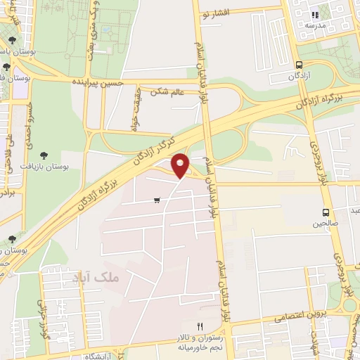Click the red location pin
[x=181, y=166]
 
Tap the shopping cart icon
[x=156, y=200]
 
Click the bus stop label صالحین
[x=324, y=225]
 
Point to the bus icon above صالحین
[x=325, y=212]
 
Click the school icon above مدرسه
[x=316, y=14]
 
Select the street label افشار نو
[x=216, y=13]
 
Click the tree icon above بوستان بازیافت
[x=45, y=153]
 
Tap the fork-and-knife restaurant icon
[x=200, y=326]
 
